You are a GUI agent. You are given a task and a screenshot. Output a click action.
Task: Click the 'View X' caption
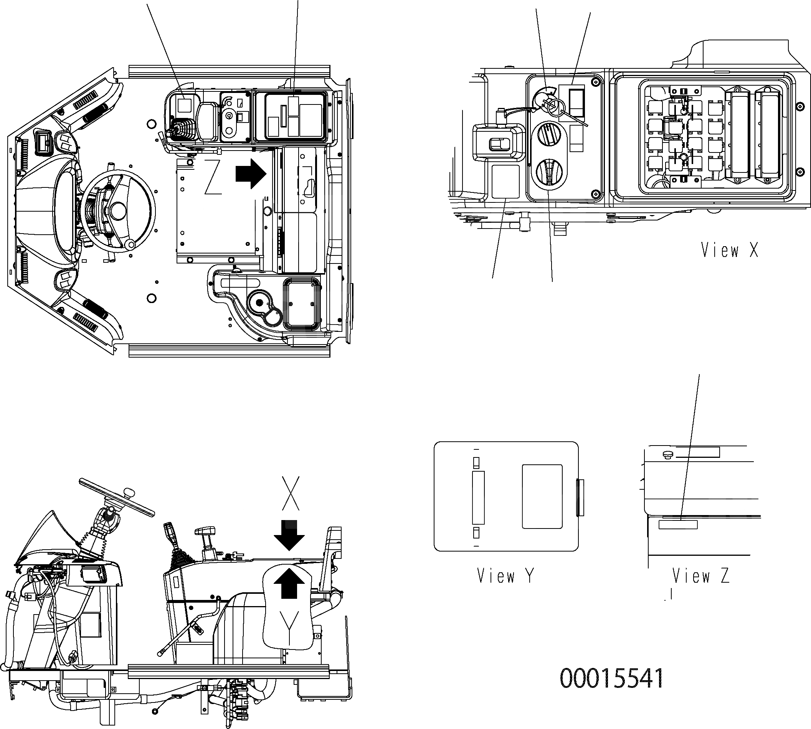(x=729, y=250)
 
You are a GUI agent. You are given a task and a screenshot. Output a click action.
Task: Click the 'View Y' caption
(x=505, y=576)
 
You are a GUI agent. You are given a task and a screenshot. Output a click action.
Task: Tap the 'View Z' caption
(x=701, y=576)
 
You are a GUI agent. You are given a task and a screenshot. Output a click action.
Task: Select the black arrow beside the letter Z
(x=251, y=173)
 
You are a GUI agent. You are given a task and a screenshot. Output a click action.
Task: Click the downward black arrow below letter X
(x=289, y=535)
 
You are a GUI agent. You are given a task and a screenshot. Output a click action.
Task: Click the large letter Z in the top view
(x=213, y=177)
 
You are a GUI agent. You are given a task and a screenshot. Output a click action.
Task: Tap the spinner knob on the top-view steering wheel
(x=130, y=244)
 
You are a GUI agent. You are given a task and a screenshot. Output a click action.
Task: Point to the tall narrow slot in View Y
(x=478, y=497)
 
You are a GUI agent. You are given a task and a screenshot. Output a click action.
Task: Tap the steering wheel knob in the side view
(x=129, y=492)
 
